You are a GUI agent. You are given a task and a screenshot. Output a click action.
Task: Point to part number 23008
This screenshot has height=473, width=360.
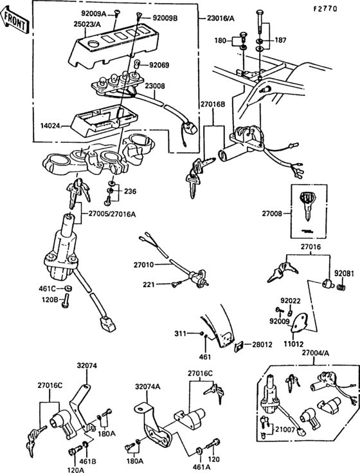154,85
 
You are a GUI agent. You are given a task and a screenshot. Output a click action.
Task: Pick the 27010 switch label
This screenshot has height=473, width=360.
145,264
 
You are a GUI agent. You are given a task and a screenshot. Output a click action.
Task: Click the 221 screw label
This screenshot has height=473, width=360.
148,284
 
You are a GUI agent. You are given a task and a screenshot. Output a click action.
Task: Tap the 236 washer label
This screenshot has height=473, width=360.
130,191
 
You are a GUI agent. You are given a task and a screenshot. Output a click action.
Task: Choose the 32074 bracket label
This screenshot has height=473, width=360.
87,365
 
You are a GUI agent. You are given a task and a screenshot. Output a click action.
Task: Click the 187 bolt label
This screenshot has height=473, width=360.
280,40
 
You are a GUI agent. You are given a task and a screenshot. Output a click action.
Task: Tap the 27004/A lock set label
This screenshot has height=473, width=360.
316,353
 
